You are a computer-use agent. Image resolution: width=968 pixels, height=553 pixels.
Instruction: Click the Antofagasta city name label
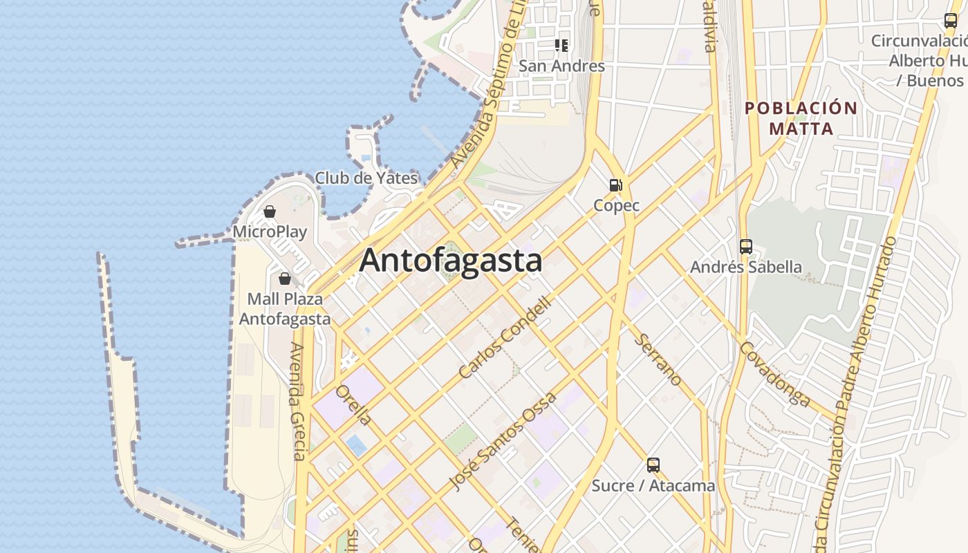pos(450,261)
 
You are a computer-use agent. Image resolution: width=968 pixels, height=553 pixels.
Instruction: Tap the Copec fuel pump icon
pos(615,185)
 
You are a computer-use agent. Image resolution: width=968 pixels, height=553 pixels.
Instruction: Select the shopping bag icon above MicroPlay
pos(270,212)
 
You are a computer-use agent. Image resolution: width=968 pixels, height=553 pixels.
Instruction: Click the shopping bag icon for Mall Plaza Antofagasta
pos(284,279)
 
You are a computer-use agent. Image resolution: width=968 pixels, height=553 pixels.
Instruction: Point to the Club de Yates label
pos(366,178)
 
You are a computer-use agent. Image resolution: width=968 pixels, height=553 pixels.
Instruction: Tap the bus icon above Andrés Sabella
pos(745,246)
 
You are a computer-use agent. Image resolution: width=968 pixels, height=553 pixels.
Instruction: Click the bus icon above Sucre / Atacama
pos(653,465)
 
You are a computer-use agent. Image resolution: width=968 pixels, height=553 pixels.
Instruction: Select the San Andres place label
pos(561,66)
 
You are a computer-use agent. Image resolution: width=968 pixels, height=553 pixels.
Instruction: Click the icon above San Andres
pos(561,46)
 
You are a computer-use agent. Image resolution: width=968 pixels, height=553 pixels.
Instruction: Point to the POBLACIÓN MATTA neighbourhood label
pos(801,118)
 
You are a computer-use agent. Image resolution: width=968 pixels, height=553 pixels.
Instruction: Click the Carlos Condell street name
pos(506,337)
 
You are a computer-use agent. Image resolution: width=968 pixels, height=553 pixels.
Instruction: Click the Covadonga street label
pos(774,373)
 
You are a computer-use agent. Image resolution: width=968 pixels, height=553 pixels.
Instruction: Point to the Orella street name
pos(353,405)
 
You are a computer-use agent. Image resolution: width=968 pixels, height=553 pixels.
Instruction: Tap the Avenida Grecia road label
pos(297,401)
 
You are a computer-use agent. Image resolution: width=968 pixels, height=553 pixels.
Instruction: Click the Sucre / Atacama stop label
pos(653,485)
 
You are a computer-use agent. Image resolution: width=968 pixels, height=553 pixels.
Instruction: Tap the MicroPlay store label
pos(270,232)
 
